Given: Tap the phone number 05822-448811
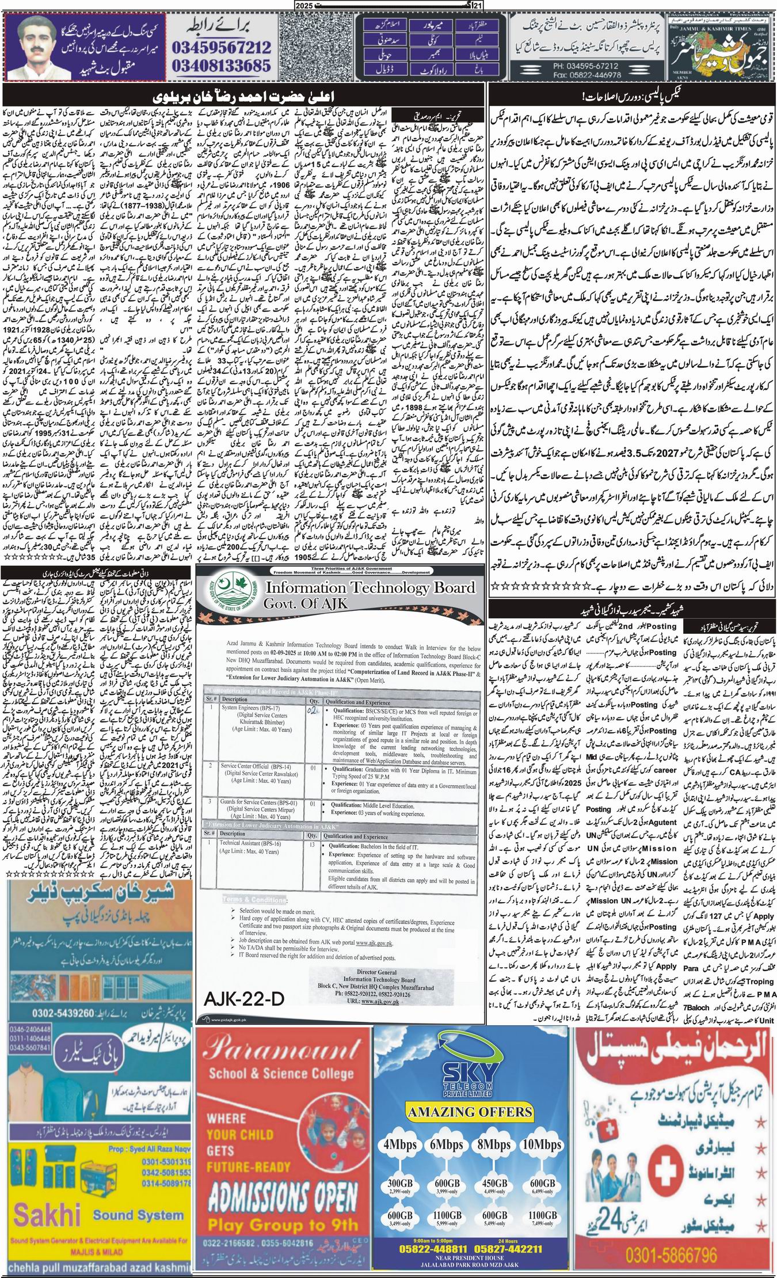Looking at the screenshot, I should click(426, 1247).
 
